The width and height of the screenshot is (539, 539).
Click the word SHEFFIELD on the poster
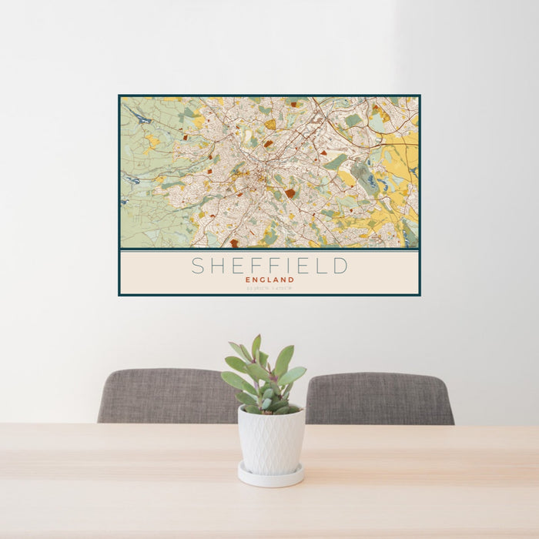269,266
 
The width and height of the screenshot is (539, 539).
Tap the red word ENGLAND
269,280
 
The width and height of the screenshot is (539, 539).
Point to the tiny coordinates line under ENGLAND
269,288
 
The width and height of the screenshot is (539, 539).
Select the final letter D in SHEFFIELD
340,266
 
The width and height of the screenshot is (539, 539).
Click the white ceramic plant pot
270,441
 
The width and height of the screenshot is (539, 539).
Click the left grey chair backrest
166,396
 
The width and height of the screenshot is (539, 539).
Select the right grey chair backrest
377,398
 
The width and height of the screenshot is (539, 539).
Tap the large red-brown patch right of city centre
290,192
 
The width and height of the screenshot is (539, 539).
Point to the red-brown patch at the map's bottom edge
234,243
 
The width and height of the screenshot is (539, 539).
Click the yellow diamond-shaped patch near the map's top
270,124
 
